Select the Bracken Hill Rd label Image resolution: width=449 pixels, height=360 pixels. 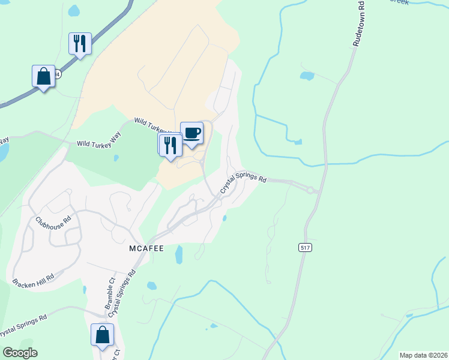(x=34, y=277)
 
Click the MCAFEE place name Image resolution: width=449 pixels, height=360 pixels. (x=147, y=247)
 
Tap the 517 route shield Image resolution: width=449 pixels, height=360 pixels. (x=306, y=247)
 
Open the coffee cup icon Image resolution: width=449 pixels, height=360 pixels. (x=191, y=133)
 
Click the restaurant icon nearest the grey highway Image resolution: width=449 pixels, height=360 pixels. (x=80, y=43)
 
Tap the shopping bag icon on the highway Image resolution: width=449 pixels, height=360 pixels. (x=43, y=76)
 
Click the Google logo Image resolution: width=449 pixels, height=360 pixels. (x=20, y=353)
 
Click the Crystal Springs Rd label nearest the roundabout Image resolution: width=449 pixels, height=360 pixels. (x=243, y=182)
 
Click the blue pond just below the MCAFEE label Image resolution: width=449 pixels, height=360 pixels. (x=178, y=256)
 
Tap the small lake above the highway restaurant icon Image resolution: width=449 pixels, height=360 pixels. (x=74, y=11)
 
